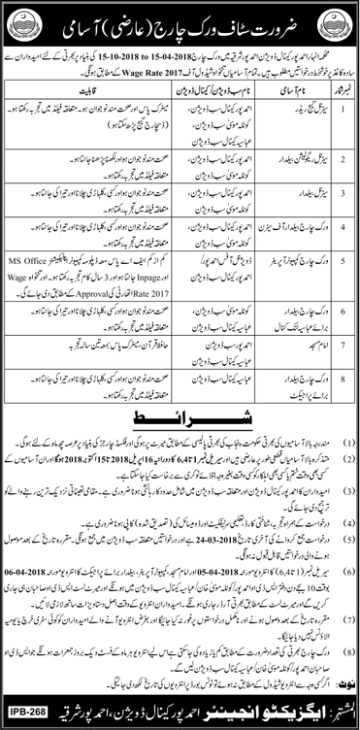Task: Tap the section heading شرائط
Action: point(180,366)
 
